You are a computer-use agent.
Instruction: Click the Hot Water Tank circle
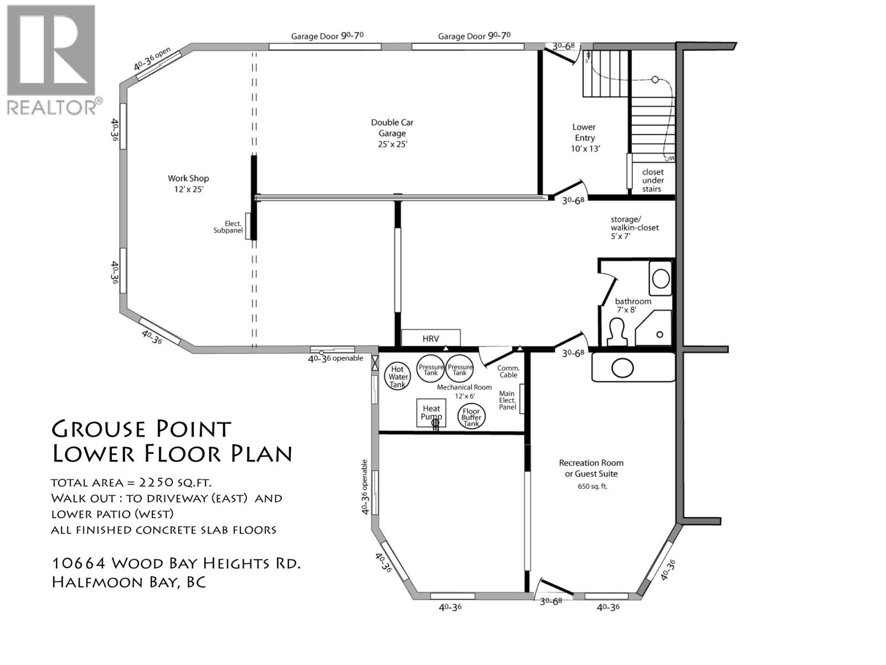397,376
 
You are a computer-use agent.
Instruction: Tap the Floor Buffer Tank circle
471,416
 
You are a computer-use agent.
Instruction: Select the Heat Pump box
431,413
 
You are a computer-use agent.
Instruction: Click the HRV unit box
431,338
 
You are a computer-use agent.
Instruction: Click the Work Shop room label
188,183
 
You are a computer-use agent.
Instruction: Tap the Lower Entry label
585,137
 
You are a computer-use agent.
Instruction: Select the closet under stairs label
652,181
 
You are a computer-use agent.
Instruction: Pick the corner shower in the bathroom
654,328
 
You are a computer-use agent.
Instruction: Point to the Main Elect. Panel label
507,400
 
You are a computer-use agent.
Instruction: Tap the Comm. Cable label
508,371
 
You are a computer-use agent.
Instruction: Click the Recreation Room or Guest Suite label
591,468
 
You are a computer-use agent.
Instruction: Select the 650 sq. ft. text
592,487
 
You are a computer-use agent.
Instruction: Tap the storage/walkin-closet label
634,228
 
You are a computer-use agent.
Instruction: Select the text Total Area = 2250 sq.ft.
131,483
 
